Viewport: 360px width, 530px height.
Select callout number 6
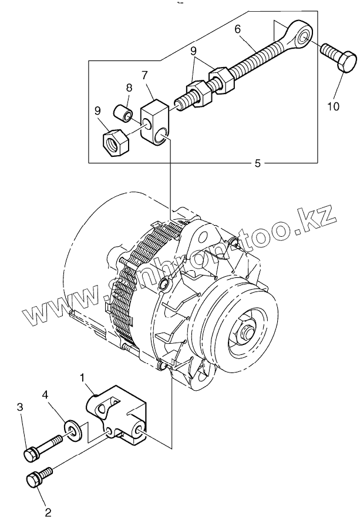[237, 28]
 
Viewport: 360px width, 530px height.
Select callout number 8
[129, 89]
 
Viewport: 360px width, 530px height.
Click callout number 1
[83, 375]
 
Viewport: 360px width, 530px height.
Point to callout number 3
[20, 407]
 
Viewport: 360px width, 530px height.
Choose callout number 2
[48, 512]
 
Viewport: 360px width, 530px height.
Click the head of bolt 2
[33, 479]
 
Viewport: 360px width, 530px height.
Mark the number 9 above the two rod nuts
[193, 51]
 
